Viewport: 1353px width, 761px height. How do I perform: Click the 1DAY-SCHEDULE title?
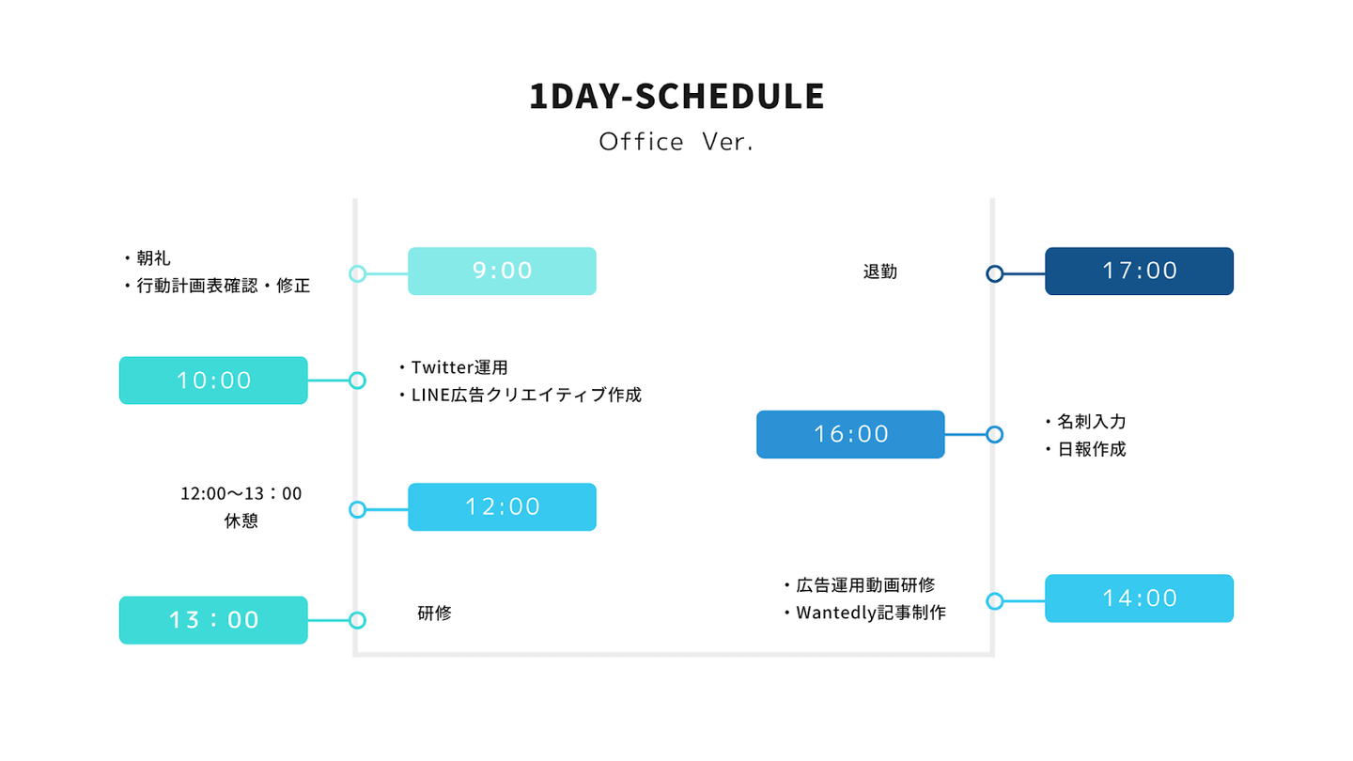tap(676, 97)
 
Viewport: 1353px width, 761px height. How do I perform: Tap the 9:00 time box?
tap(502, 272)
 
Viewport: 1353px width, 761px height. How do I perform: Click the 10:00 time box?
tap(213, 380)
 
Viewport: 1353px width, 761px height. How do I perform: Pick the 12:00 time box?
tap(502, 507)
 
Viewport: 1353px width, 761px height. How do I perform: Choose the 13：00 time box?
tap(213, 620)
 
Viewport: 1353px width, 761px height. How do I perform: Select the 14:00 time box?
tap(1139, 598)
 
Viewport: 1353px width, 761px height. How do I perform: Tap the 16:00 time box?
tap(850, 435)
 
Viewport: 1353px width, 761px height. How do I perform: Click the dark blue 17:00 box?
tap(1139, 272)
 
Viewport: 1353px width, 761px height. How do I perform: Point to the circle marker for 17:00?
tap(995, 274)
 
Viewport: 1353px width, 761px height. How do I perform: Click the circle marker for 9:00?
tap(358, 274)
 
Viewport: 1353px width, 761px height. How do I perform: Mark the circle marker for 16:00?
tap(995, 435)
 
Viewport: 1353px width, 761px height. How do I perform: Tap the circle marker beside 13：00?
tap(358, 620)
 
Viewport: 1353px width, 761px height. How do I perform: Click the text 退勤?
tap(880, 272)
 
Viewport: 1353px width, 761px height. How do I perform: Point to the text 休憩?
tap(241, 520)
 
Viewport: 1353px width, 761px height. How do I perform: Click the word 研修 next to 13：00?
tap(434, 613)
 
